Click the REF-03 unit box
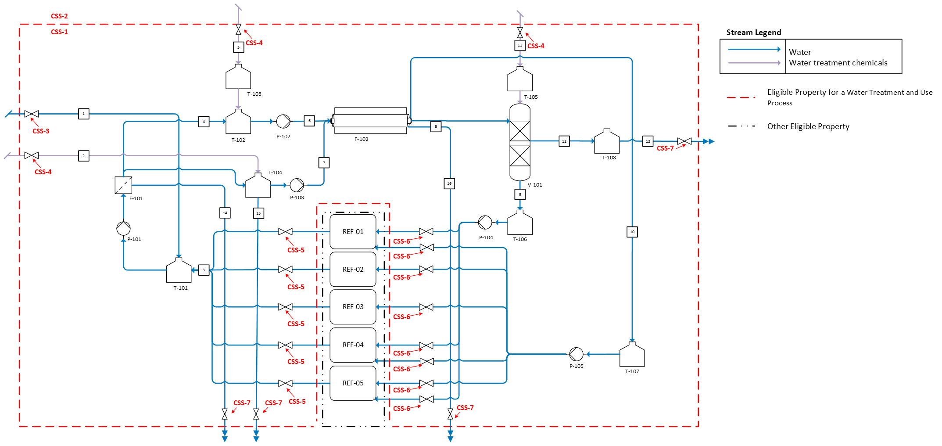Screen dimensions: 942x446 click(x=353, y=307)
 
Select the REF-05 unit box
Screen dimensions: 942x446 click(x=353, y=383)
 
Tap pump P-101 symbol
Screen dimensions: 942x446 click(x=123, y=228)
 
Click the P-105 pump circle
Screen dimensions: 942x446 click(x=576, y=354)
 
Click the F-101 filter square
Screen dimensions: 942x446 click(x=123, y=185)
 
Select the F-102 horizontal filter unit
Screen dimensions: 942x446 click(x=371, y=121)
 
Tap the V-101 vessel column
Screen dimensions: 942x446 click(x=520, y=142)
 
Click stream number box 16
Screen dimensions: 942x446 click(x=449, y=183)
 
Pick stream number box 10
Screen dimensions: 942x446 click(x=632, y=232)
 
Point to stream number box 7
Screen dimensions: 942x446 click(x=324, y=163)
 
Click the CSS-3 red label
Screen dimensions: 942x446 click(x=41, y=131)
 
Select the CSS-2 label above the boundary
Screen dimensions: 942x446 click(x=59, y=16)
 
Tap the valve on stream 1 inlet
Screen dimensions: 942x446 click(x=32, y=114)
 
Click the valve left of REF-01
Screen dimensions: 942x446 click(x=285, y=232)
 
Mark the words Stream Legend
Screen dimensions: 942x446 click(x=754, y=32)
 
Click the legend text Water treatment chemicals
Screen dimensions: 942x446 click(x=838, y=63)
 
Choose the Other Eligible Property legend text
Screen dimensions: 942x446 click(x=808, y=126)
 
